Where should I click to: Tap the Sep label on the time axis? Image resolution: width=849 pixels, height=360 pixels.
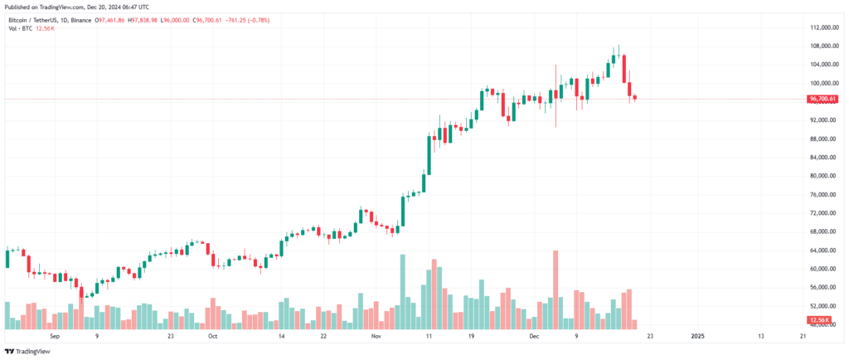click(56, 336)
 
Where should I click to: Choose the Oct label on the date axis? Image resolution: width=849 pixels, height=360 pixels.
click(212, 336)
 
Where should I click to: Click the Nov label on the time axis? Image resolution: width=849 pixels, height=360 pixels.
click(376, 336)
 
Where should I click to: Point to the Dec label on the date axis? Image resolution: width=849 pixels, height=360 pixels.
click(535, 336)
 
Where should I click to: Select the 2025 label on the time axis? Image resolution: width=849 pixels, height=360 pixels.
click(697, 336)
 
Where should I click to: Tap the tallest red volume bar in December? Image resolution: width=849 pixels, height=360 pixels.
click(555, 286)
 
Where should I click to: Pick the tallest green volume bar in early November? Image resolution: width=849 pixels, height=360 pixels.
click(403, 290)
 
